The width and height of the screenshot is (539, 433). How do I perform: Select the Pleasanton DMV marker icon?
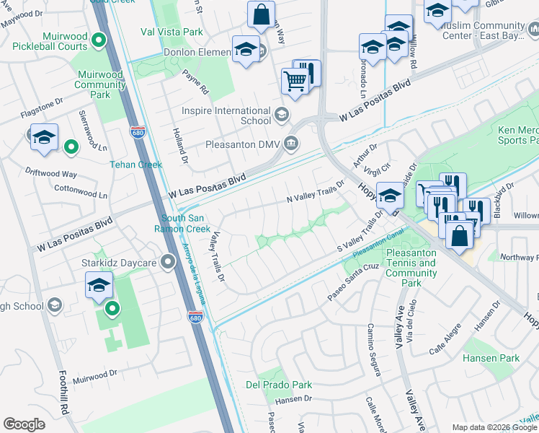pos(291,143)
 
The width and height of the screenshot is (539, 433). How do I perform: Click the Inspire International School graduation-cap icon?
pos(281,114)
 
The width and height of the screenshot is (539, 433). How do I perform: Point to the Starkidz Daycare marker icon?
pos(169,261)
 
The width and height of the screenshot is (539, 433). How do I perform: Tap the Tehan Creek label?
pos(135,165)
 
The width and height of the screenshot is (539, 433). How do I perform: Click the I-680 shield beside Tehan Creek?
pos(138,132)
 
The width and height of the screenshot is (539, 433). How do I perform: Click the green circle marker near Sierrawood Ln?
pos(71,147)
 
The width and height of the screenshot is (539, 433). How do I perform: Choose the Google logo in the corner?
pos(24,424)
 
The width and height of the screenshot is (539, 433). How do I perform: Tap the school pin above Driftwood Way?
pos(44,136)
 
